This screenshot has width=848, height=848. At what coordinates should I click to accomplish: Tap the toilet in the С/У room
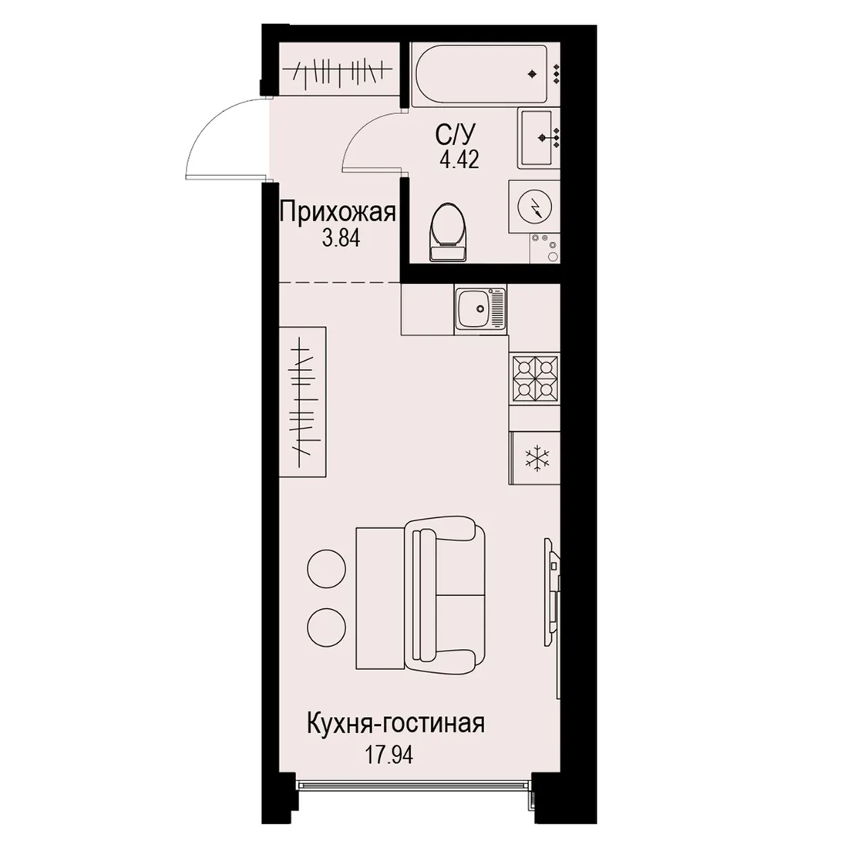(448, 232)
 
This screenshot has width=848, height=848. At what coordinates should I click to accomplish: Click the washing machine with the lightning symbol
(534, 206)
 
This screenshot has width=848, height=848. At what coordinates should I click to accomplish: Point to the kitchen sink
(481, 309)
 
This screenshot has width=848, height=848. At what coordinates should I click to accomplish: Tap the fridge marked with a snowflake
(534, 457)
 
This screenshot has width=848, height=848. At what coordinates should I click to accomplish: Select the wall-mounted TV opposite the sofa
(552, 591)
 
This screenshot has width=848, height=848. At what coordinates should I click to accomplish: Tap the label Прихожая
(338, 213)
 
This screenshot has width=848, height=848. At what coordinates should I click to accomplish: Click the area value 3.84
(341, 238)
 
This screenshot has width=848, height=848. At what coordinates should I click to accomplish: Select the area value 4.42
(459, 160)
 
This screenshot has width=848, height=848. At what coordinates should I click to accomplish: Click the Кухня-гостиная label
(395, 724)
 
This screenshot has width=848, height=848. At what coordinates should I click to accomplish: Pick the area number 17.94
(389, 755)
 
